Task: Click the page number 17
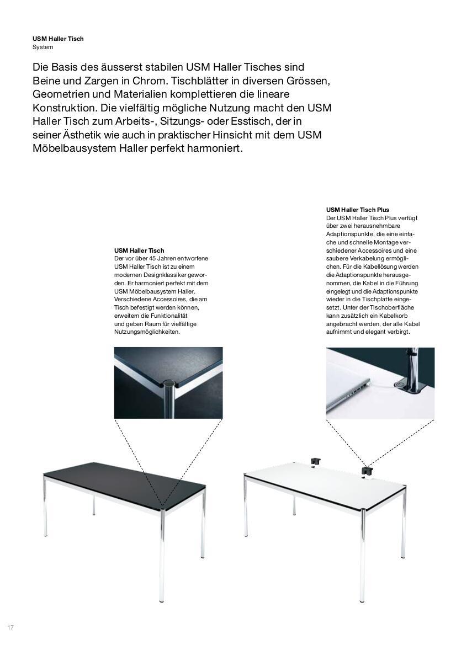10,628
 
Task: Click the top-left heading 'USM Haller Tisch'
58,39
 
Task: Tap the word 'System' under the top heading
43,47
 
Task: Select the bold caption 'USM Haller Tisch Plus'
357,210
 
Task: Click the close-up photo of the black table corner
168,382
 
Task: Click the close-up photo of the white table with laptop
380,382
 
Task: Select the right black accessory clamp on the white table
367,471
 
